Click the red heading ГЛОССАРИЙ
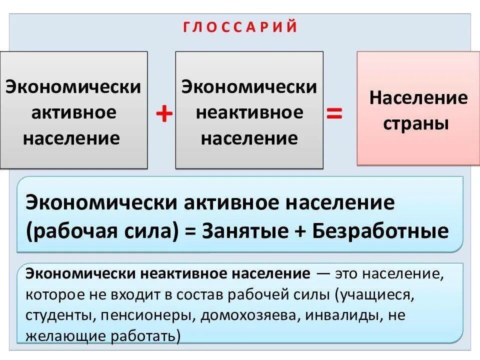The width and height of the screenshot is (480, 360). (240, 27)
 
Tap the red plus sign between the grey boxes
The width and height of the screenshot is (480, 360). (164, 115)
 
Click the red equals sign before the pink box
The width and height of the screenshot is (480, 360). (334, 114)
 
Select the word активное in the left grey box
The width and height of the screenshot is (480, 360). (73, 112)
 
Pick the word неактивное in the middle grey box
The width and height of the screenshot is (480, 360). (249, 112)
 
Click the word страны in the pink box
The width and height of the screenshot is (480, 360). (415, 123)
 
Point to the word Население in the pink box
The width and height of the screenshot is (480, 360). (418, 97)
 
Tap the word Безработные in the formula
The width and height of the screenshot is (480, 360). (380, 231)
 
